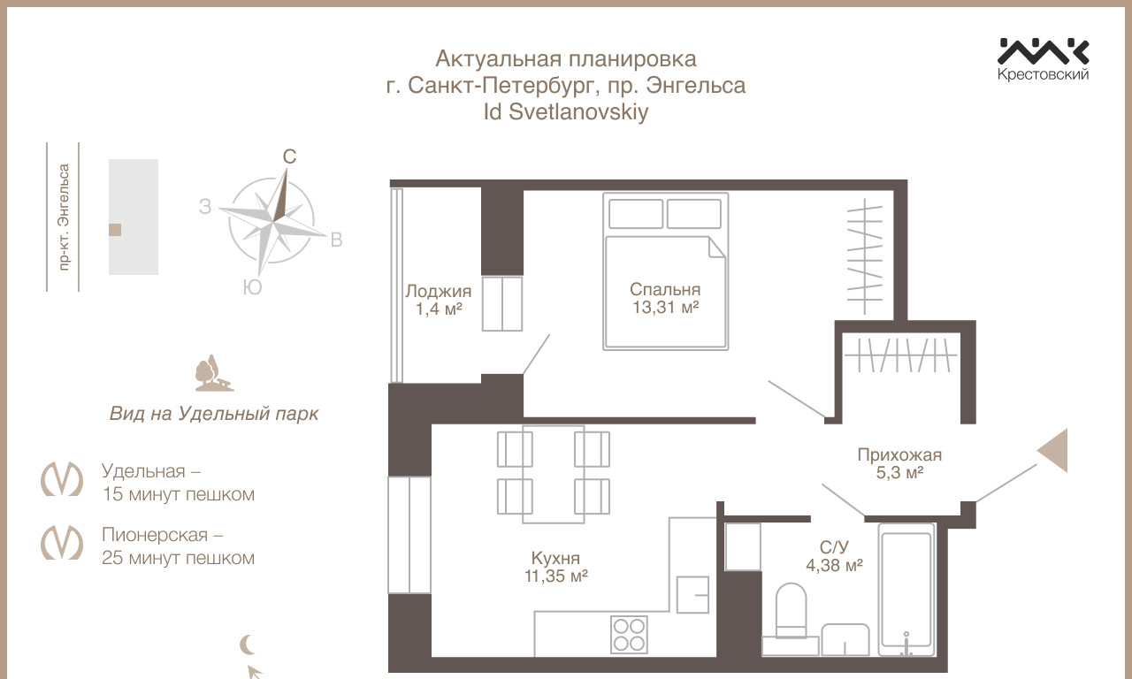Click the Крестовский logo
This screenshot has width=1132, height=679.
tap(1043, 59)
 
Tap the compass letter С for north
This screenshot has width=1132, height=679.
tap(289, 156)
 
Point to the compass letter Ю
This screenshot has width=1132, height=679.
tap(252, 287)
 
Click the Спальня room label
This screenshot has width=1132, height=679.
tap(665, 289)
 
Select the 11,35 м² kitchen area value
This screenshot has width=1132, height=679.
tap(556, 576)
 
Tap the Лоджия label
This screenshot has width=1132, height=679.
tap(438, 291)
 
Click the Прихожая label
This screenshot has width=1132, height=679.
tap(899, 454)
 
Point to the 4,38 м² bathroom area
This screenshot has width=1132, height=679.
tap(834, 565)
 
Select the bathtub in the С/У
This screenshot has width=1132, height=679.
tap(906, 590)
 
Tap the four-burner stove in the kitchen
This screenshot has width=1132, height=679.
tap(629, 634)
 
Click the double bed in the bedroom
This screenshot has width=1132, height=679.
tap(666, 271)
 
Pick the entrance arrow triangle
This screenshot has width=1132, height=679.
tap(1052, 451)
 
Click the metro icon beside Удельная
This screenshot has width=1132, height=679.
tap(62, 478)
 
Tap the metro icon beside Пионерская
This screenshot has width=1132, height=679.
tap(62, 542)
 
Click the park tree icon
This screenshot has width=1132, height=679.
tap(214, 373)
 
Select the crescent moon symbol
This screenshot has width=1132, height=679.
tap(247, 645)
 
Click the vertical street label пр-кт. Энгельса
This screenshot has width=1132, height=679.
tap(63, 217)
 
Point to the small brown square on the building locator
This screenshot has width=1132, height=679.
tap(115, 230)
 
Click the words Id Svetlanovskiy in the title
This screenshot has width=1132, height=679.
tap(565, 111)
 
